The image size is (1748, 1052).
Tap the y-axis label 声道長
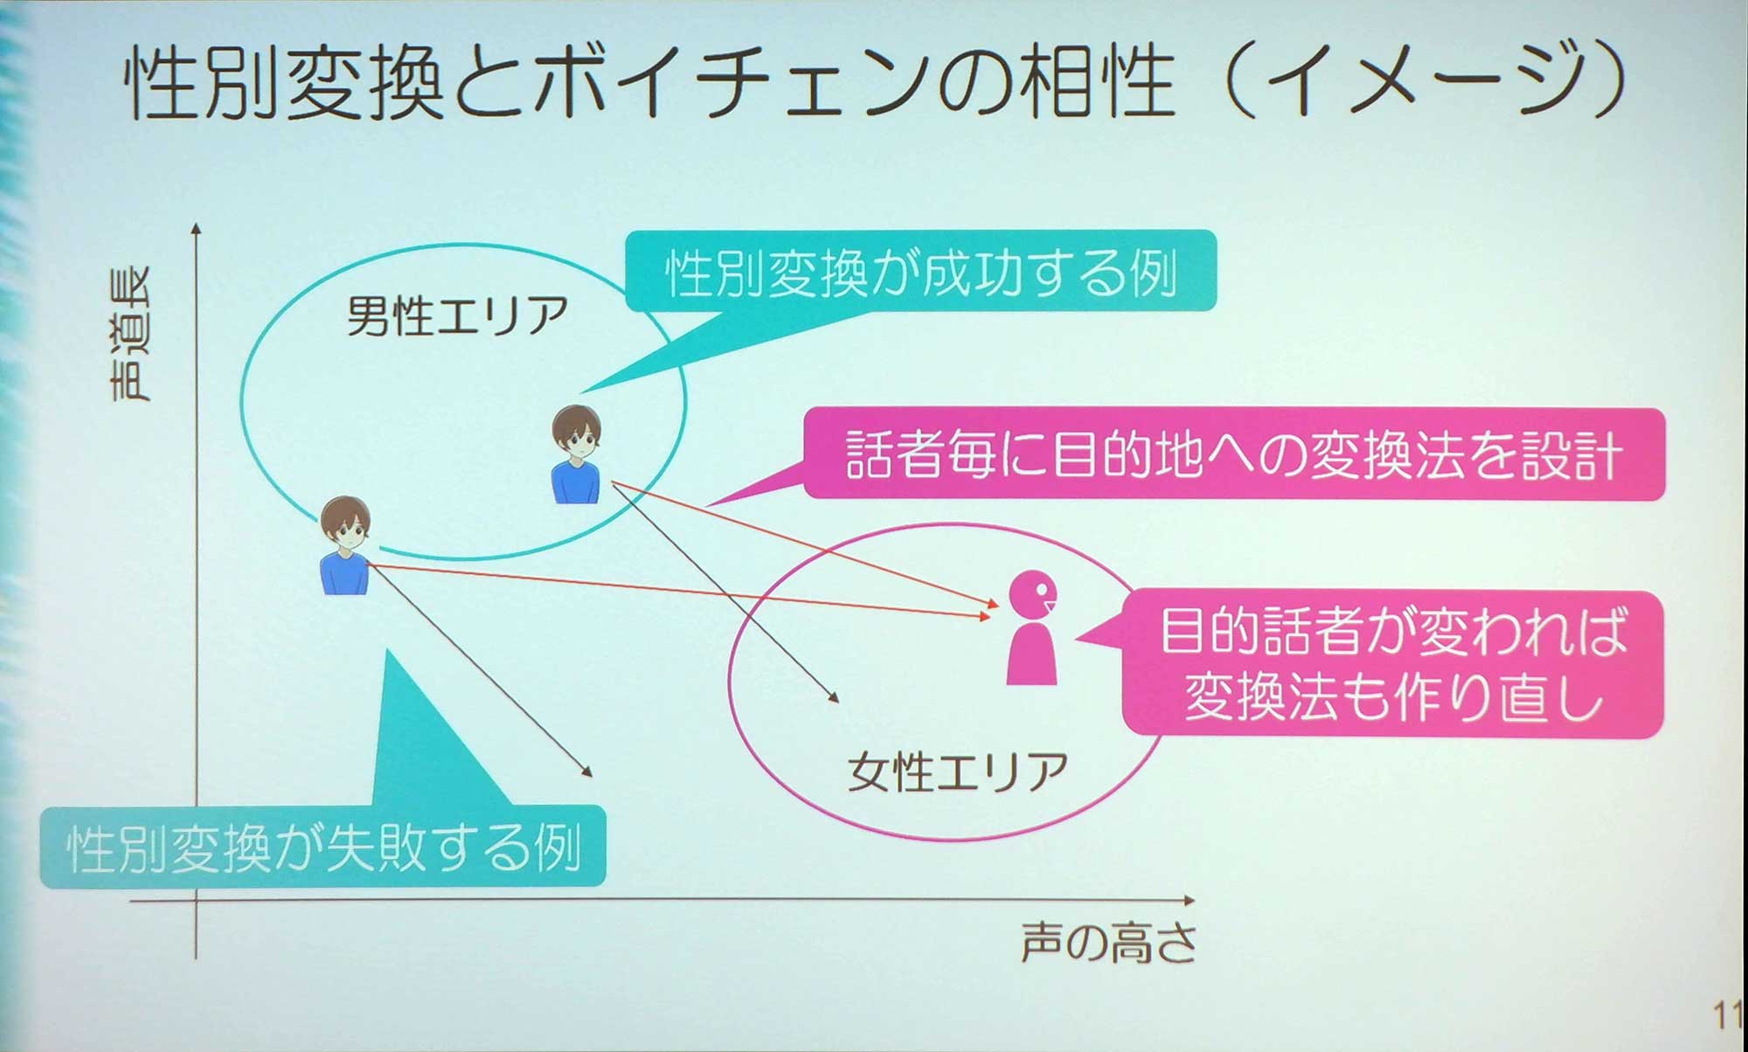pos(130,333)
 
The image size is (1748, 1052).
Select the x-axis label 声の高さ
pos(1108,943)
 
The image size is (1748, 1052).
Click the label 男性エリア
pos(457,315)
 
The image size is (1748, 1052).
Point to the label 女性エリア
pos(958,772)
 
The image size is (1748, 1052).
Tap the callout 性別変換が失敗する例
pos(323,847)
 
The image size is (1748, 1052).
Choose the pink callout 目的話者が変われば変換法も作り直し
pos(1393,664)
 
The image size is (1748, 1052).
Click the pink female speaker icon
pos(1032,626)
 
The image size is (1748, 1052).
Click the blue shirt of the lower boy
pos(345,573)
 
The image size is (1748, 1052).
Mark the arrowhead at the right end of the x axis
pos(1191,899)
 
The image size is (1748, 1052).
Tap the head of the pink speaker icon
pos(1032,594)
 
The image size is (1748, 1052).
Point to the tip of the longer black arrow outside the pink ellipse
pos(593,776)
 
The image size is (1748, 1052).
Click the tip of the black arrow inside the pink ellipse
pos(839,702)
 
